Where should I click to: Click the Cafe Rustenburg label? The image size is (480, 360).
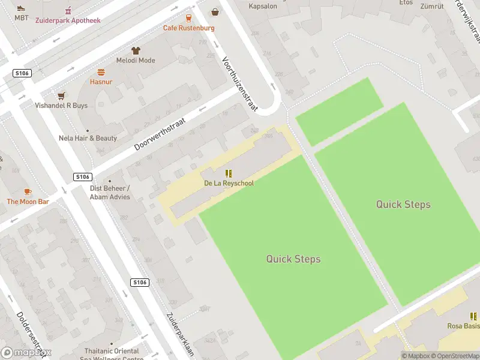tap(188, 28)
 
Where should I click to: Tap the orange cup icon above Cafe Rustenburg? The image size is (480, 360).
tap(188, 18)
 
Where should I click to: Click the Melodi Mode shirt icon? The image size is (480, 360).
tap(136, 51)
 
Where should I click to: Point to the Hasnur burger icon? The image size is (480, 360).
tap(101, 72)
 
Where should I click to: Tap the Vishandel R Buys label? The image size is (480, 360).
tap(61, 106)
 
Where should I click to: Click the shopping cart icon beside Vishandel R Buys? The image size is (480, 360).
tap(61, 95)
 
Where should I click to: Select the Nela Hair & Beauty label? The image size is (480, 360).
tap(88, 138)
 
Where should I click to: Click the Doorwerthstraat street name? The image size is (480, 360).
tap(160, 133)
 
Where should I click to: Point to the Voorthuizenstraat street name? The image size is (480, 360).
tap(239, 85)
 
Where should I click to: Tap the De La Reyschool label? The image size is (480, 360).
tap(228, 182)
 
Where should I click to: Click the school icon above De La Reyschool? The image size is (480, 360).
tap(228, 173)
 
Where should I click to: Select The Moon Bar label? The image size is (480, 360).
tap(28, 202)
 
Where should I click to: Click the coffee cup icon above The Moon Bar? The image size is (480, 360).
tap(28, 191)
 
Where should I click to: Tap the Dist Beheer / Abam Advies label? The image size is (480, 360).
tap(110, 192)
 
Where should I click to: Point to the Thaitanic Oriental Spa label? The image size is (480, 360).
tap(112, 354)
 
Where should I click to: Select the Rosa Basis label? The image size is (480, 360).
tap(463, 326)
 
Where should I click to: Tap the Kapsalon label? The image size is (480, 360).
tap(263, 6)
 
